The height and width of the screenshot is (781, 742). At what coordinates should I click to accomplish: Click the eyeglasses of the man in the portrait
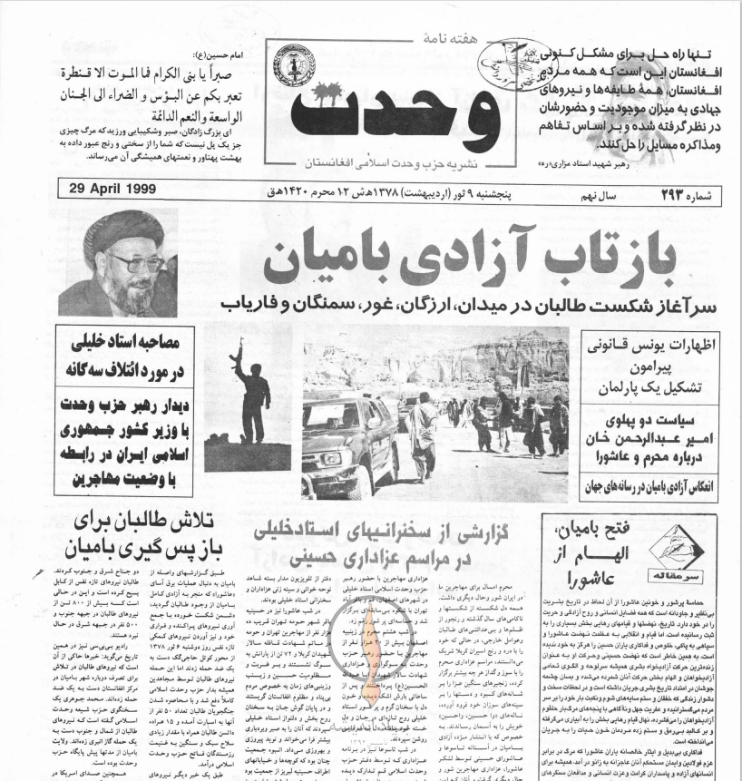coord(136,264)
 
